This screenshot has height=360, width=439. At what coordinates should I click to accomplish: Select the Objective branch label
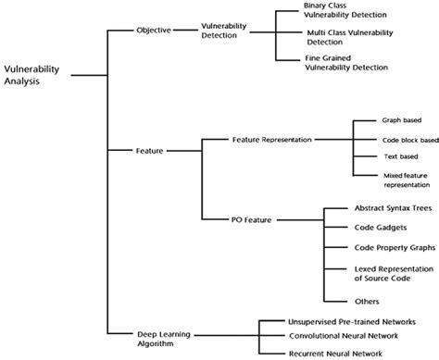[154, 30]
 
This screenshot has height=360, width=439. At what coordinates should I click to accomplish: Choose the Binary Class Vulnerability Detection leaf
[348, 10]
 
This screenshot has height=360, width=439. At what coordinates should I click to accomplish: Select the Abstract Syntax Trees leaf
[379, 208]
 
